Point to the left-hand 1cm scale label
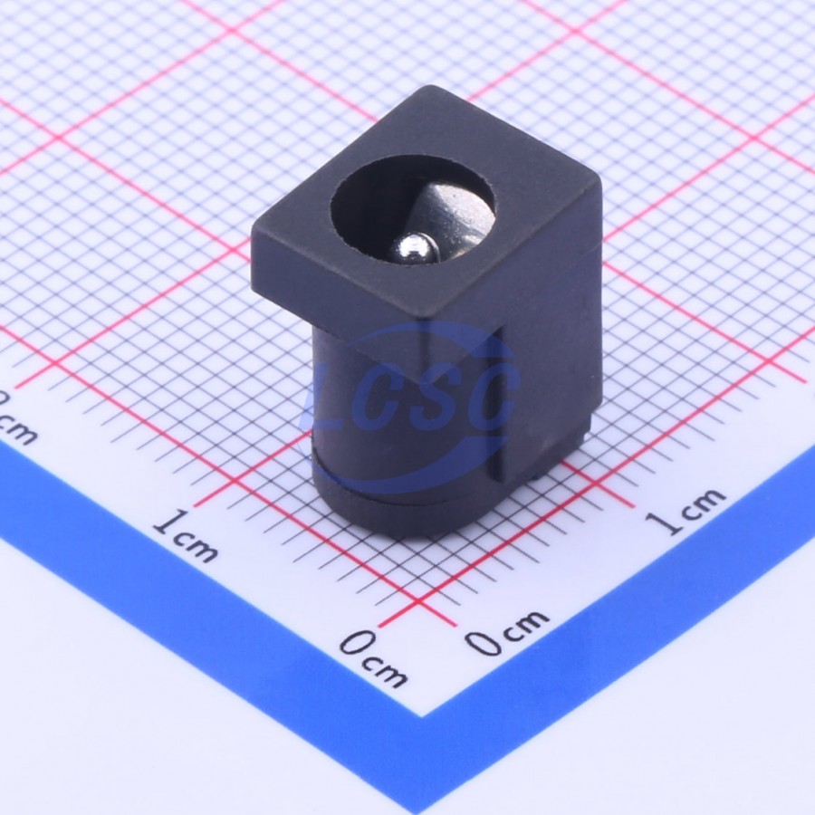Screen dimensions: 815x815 point(186,536)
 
